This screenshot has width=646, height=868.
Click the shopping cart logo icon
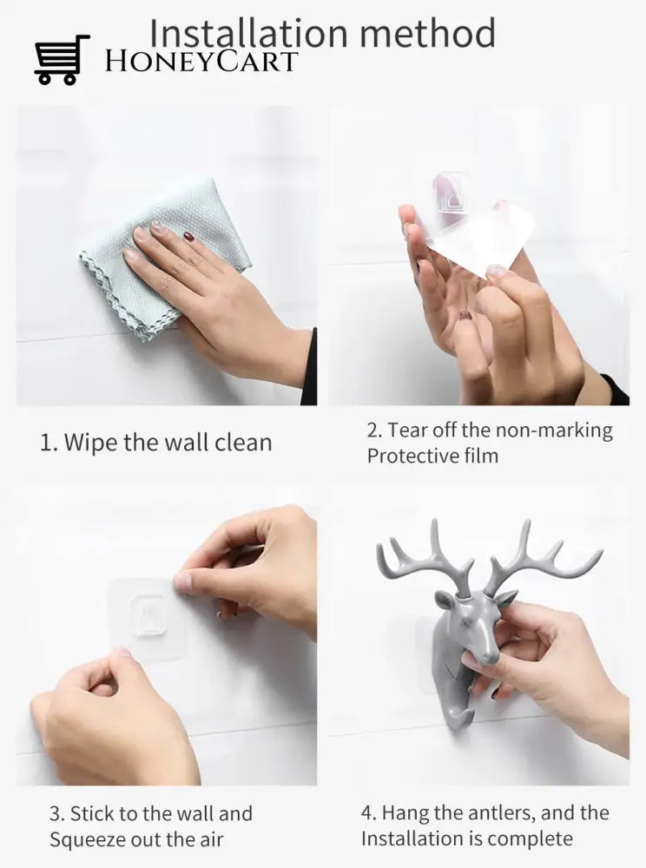(62, 60)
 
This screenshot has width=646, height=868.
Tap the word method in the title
(427, 33)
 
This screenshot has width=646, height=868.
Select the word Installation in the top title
(248, 33)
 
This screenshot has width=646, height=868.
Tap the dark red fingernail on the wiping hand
(188, 236)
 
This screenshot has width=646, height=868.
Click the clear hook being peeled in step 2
(452, 192)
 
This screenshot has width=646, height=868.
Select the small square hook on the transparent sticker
(149, 615)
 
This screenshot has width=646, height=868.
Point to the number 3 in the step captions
(56, 814)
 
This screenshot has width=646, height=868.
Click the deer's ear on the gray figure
(446, 599)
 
